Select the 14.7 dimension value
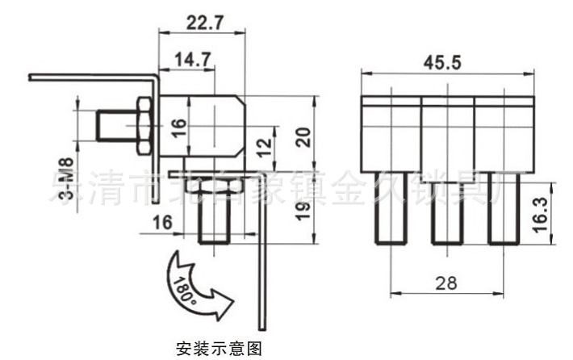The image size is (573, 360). click(x=186, y=59)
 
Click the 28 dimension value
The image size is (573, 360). click(x=445, y=283)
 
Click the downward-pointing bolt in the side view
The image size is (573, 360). click(x=215, y=216)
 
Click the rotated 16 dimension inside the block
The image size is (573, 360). click(x=178, y=127)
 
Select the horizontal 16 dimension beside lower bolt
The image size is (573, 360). click(x=162, y=223)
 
